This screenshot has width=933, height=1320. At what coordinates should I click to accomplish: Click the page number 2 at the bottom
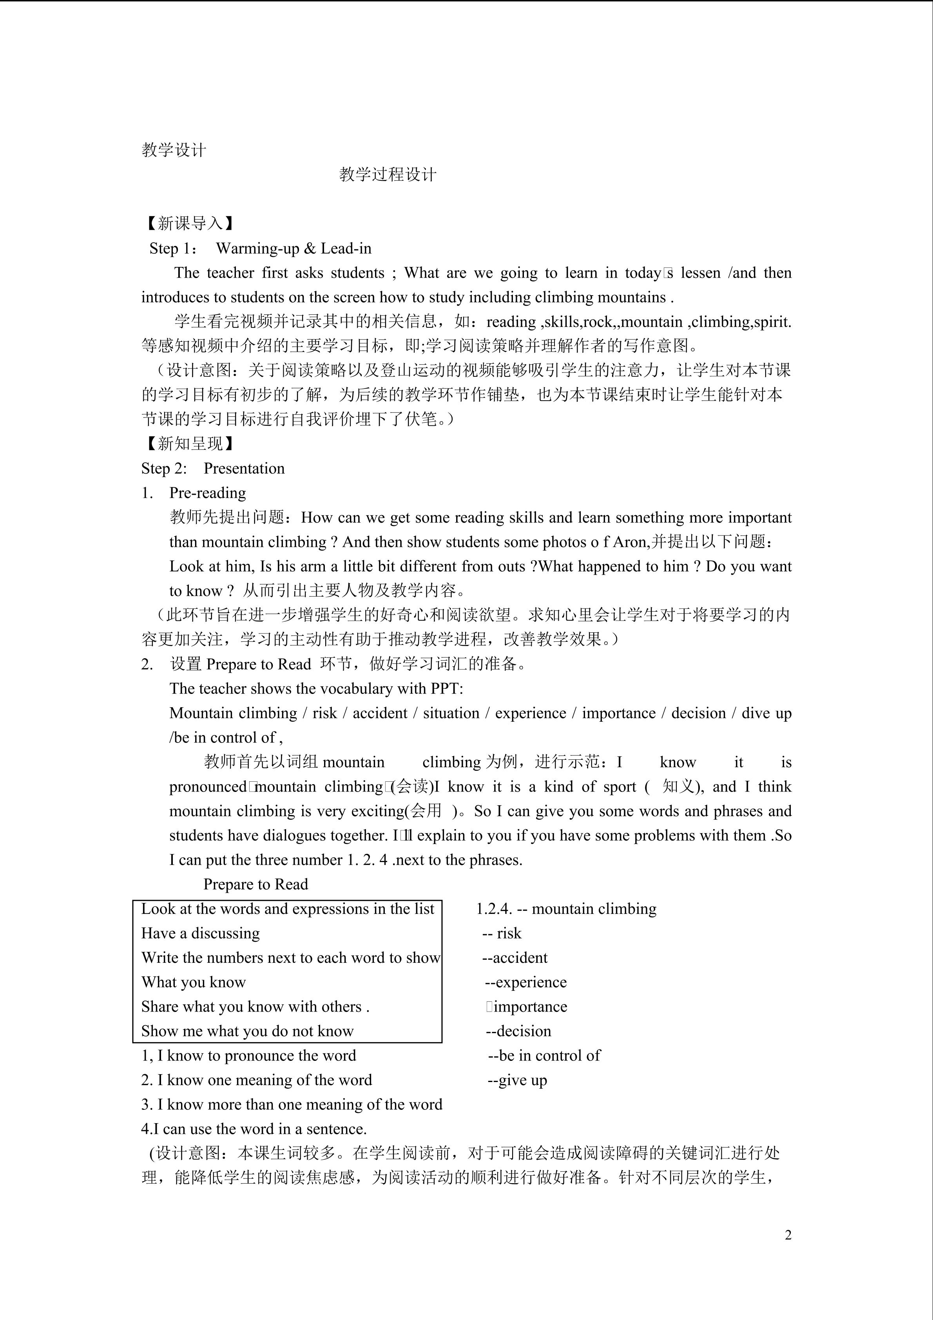click(x=788, y=1235)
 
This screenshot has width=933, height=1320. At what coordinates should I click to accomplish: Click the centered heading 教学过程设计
click(x=388, y=174)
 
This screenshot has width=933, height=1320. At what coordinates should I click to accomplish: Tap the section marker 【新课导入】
click(x=189, y=223)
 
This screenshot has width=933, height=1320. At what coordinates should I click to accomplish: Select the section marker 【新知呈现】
click(x=189, y=443)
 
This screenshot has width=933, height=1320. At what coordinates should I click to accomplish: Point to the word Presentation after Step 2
click(x=244, y=468)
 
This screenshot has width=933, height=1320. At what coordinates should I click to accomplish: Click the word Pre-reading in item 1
click(x=207, y=493)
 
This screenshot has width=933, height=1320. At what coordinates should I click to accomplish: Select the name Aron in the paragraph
click(x=630, y=541)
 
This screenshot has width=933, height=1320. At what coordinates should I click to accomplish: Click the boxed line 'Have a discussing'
click(x=201, y=933)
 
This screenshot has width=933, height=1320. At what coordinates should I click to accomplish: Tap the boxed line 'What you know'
click(x=194, y=982)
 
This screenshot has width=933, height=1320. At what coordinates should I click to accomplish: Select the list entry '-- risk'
click(x=502, y=933)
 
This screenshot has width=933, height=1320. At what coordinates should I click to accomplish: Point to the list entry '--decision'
click(x=518, y=1031)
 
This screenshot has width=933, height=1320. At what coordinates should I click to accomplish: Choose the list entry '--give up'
click(x=517, y=1080)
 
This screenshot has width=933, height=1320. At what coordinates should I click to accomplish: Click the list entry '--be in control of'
click(x=543, y=1055)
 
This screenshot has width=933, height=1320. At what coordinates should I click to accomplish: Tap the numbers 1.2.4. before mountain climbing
click(x=494, y=909)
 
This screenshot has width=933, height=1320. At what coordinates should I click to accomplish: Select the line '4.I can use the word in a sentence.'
click(x=254, y=1129)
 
